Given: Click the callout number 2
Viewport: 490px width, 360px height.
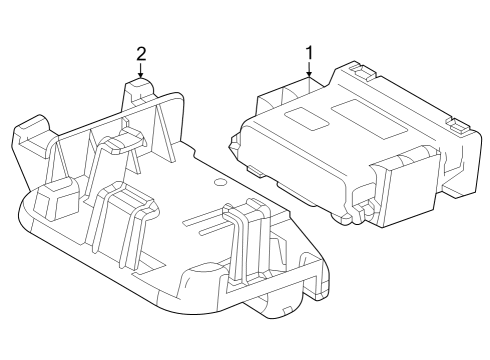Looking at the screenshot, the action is pyautogui.click(x=141, y=52).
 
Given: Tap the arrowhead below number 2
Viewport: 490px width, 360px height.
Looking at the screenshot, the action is pyautogui.click(x=141, y=76).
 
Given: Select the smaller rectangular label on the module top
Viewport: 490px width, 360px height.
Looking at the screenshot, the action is pyautogui.click(x=305, y=119).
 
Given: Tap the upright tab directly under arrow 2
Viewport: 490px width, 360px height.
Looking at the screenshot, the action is pyautogui.click(x=141, y=95).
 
